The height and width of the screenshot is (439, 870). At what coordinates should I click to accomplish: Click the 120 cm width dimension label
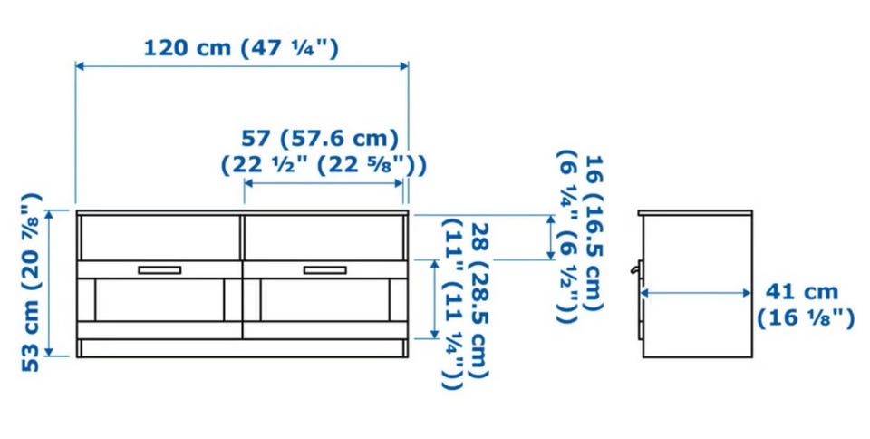click(x=241, y=48)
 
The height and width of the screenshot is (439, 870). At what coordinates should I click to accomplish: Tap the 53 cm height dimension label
click(x=31, y=282)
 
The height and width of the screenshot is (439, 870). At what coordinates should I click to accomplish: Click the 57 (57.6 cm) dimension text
click(x=320, y=138)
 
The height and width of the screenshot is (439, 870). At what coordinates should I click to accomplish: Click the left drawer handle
click(x=159, y=269)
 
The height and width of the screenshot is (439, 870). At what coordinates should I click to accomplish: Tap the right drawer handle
click(x=324, y=269)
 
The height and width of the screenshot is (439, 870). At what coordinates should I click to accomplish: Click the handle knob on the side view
click(x=635, y=270)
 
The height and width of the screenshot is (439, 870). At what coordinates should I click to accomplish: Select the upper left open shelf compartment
click(x=160, y=237)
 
